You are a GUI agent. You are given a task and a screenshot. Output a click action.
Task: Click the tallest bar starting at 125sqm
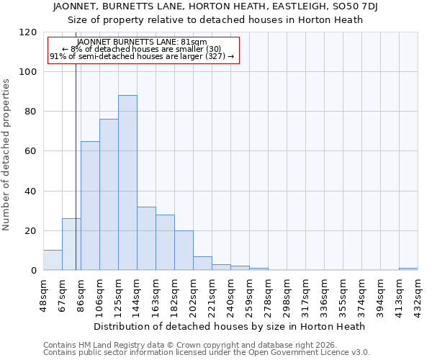(x=127, y=183)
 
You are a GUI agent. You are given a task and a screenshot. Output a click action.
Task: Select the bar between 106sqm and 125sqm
(x=109, y=194)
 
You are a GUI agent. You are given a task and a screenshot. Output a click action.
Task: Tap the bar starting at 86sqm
(x=90, y=206)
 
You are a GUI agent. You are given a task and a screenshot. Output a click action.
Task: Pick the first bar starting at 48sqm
(x=53, y=260)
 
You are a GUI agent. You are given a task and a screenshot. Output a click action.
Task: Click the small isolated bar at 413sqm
(x=408, y=269)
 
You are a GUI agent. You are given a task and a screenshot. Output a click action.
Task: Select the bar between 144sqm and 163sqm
(x=146, y=238)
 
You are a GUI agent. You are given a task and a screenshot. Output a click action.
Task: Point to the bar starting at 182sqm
(x=184, y=251)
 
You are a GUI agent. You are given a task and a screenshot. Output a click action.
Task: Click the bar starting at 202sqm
(x=202, y=264)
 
